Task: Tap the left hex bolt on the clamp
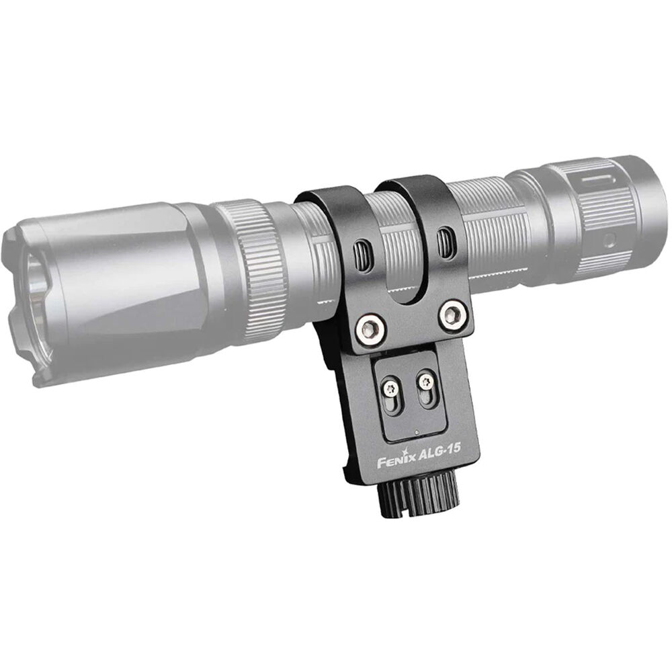(370, 329)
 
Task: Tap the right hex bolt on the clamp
(453, 315)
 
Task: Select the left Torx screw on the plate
(391, 388)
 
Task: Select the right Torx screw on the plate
(426, 380)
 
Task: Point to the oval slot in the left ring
(363, 255)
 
